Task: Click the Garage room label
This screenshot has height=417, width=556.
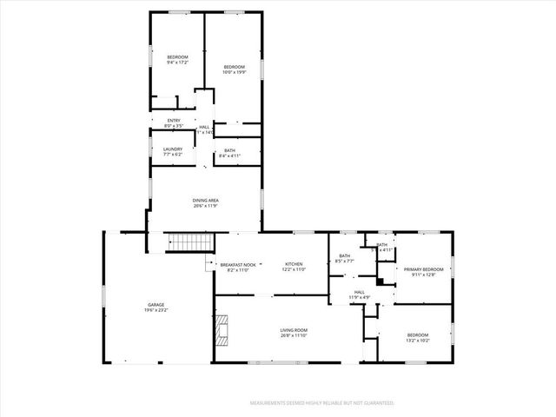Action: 156,305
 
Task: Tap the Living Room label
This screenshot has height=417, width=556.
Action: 293,330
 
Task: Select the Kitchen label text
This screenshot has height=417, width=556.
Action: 294,264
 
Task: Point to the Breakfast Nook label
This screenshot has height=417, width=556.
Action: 237,265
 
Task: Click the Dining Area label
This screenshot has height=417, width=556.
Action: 206,201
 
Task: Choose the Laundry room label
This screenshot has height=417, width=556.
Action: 172,149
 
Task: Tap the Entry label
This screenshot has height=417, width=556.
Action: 174,121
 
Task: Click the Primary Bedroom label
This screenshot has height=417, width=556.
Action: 423,269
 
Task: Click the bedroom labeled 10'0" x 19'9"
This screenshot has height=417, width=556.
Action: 235,69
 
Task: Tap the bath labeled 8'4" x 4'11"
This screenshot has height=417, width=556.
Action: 229,153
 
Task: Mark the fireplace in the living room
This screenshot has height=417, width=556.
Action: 222,328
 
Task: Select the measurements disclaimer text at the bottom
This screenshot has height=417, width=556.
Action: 321,403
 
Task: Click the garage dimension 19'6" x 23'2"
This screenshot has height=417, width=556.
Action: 156,309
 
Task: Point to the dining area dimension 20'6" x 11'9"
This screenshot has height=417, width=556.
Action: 206,205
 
